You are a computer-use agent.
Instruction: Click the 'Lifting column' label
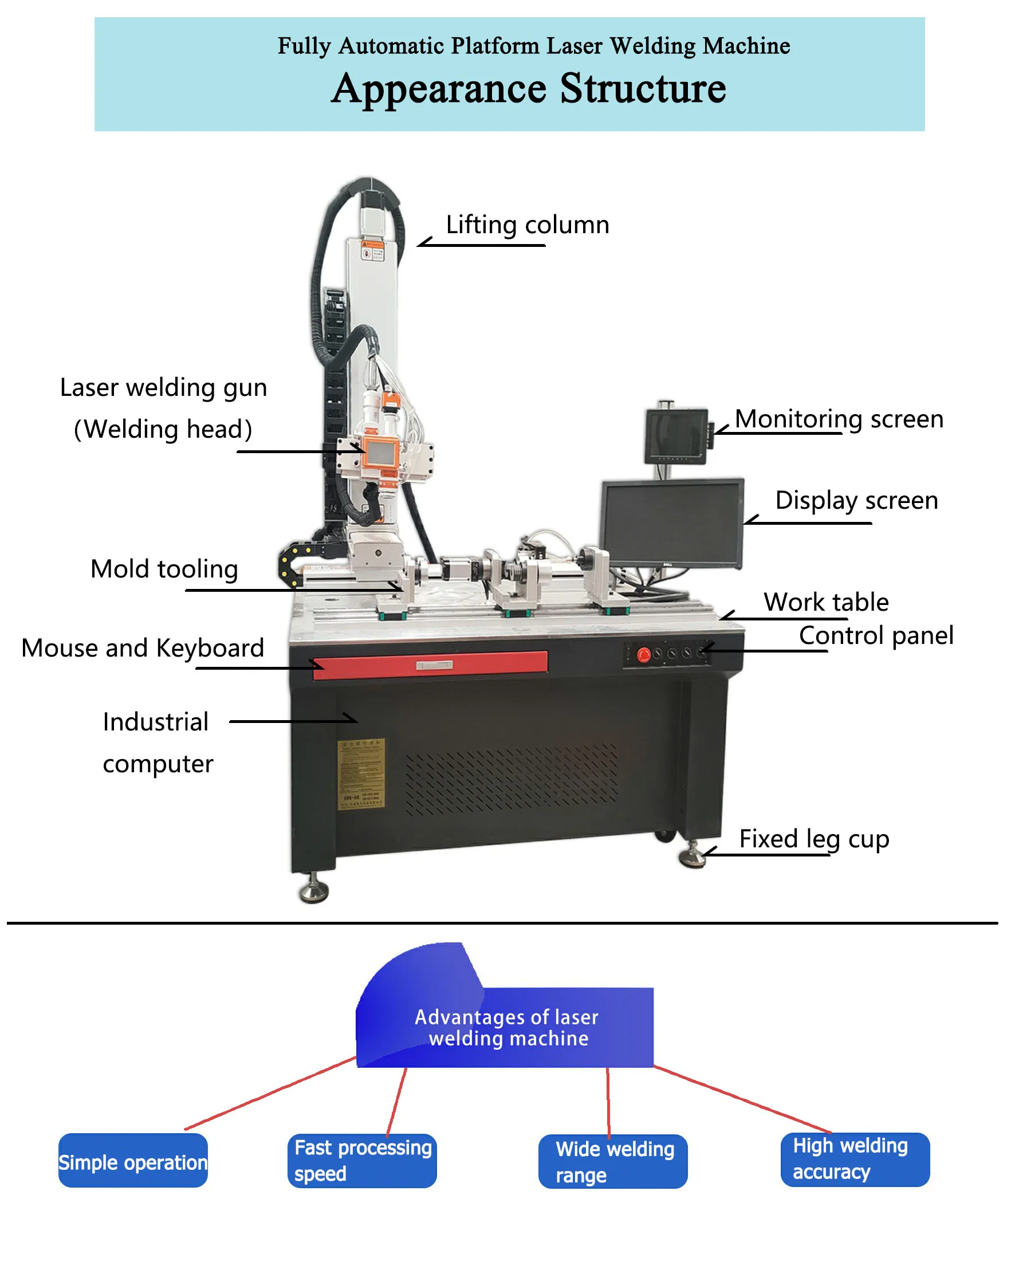pos(527,225)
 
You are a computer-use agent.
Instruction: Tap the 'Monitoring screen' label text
pos(839,419)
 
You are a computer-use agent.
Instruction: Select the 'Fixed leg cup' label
pos(813,839)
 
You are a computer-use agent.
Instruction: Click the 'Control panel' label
pos(875,635)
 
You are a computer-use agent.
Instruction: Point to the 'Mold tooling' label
pos(164,569)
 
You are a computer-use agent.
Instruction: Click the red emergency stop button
pos(644,655)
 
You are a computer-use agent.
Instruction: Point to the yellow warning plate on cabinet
pos(361,773)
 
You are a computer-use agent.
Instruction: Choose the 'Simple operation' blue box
pos(133,1161)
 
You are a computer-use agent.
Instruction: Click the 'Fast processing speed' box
pos(362,1161)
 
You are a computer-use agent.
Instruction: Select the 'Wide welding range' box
pos(613,1162)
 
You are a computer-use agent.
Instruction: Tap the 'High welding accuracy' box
pos(855,1160)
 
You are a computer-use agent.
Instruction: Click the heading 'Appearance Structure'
pos(528,89)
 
